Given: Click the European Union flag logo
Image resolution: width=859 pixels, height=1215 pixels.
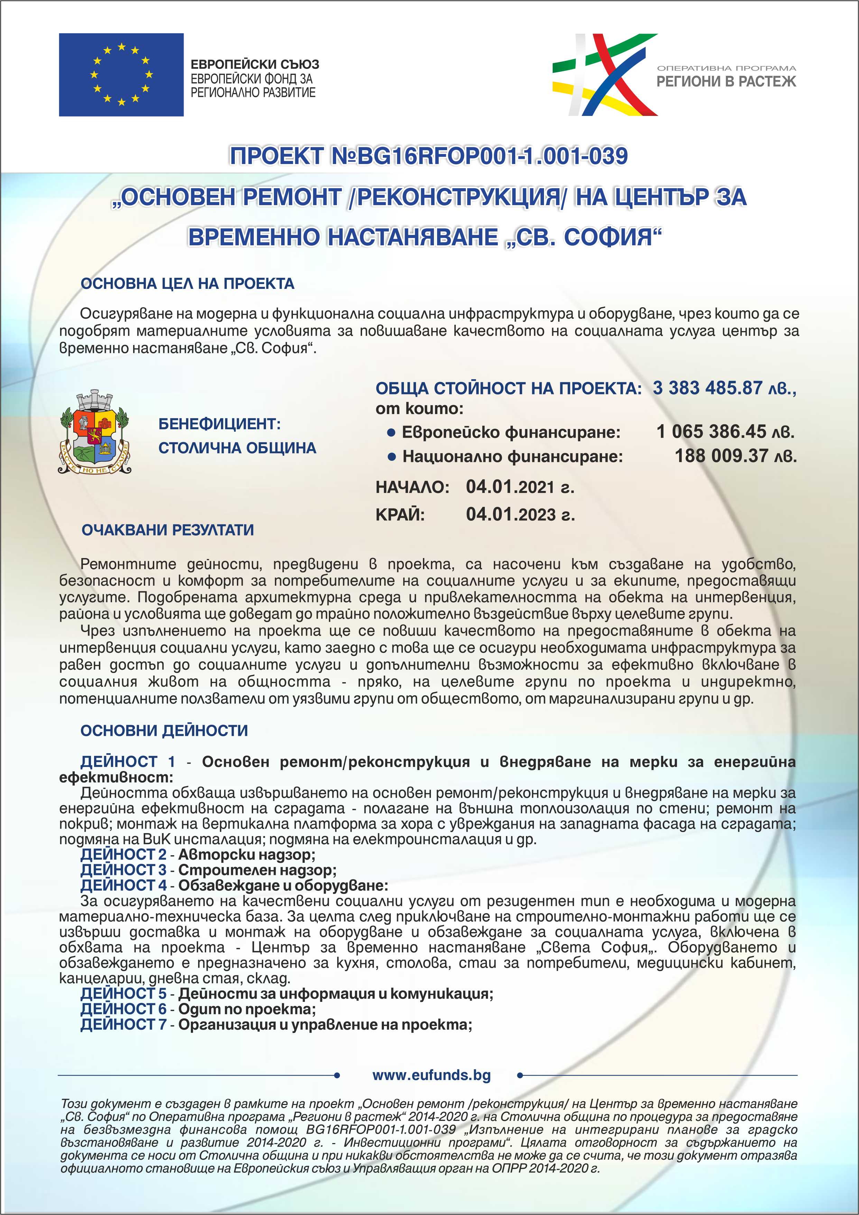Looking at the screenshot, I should [x=121, y=75].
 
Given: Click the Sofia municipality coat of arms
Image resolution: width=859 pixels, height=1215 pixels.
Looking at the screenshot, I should [x=94, y=432].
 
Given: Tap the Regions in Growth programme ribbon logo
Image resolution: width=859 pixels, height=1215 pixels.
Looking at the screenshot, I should [x=604, y=75].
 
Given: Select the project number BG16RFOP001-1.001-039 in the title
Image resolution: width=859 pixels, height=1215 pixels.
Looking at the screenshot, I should [x=492, y=156].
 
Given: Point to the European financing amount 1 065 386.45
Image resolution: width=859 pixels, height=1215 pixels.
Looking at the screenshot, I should [x=711, y=432].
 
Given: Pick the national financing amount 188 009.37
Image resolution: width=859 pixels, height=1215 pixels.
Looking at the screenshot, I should [x=720, y=456].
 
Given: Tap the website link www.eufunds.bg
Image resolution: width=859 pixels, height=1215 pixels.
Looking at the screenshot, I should [x=432, y=1075].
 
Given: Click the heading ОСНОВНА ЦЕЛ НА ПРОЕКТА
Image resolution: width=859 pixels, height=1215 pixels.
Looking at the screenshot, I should [x=187, y=284].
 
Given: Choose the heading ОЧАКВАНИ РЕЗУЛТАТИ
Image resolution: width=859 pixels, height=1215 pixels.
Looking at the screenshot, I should [x=168, y=530].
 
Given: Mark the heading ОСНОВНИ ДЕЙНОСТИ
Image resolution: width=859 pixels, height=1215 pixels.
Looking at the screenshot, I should [x=164, y=730].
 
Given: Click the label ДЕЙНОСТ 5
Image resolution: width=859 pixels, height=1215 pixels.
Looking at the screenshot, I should [x=123, y=993].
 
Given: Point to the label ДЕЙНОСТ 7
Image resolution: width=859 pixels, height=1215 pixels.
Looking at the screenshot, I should [x=123, y=1024].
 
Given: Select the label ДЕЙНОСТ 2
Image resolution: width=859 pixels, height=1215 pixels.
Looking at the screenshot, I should [x=123, y=855].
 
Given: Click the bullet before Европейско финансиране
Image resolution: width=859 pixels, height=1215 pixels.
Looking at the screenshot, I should [x=391, y=433].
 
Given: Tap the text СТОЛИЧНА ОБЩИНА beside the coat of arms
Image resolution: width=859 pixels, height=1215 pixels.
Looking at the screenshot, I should [x=237, y=448].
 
